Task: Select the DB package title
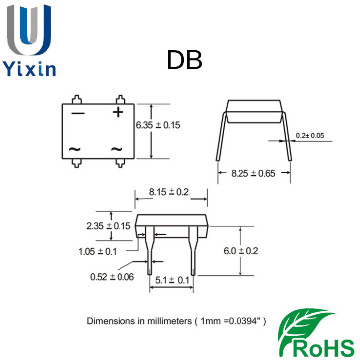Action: (184, 61)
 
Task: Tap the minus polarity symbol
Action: (78, 113)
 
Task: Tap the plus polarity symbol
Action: (118, 112)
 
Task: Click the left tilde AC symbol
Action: (75, 149)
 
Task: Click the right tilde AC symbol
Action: (117, 149)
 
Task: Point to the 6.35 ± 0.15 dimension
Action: (158, 125)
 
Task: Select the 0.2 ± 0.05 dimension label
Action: (310, 135)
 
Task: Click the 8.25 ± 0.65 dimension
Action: (254, 173)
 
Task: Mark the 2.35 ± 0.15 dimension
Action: (108, 226)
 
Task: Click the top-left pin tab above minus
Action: (76, 99)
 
